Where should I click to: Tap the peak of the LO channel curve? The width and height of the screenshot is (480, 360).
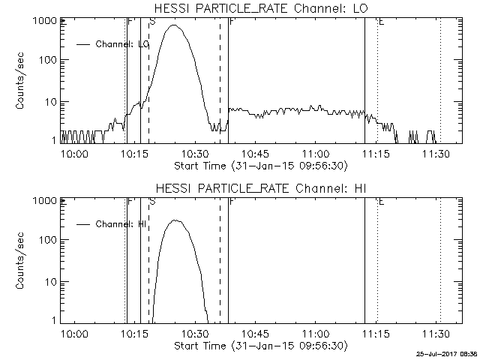[175, 25]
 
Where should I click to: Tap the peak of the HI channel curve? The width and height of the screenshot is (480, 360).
[175, 220]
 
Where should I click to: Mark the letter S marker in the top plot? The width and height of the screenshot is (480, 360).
[152, 22]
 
